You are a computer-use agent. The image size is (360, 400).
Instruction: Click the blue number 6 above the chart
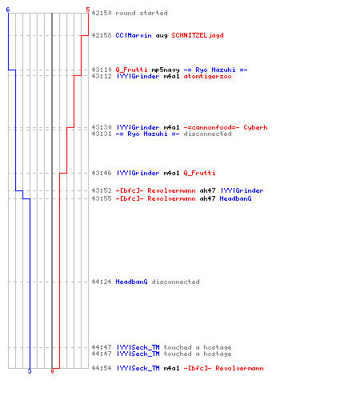pos(8,10)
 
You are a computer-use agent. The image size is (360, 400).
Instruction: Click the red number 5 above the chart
pos(88,10)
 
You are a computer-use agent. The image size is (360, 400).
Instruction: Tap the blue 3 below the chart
pos(30,371)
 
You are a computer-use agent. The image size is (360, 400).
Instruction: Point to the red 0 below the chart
pos(52,371)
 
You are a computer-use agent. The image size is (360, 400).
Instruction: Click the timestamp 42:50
pos(102,13)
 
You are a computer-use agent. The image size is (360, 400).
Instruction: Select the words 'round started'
pos(142,13)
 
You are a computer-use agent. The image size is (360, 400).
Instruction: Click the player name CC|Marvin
pos(134,35)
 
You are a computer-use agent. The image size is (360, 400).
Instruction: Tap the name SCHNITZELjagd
pos(198,35)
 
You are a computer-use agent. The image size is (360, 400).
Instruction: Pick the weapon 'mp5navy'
pos(166,70)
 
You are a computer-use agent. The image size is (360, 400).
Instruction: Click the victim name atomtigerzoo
pos(207,76)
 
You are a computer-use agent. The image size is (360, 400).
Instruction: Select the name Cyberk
pos(255,127)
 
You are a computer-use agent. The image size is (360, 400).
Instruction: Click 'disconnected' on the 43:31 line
pos(207,134)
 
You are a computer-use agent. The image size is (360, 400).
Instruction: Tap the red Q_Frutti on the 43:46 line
pos(199,173)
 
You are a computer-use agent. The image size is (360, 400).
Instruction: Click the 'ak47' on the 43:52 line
pos(207,190)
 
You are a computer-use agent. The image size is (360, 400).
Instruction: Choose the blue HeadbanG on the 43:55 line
pos(235,198)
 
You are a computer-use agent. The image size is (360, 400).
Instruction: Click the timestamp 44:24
pos(102,282)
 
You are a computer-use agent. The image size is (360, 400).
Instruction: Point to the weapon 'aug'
pos(162,36)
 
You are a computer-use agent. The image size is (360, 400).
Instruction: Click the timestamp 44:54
pos(102,368)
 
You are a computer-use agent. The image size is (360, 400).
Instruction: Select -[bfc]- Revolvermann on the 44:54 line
pos(223,368)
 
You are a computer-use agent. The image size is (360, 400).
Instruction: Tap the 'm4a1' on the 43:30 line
pos(171,127)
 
